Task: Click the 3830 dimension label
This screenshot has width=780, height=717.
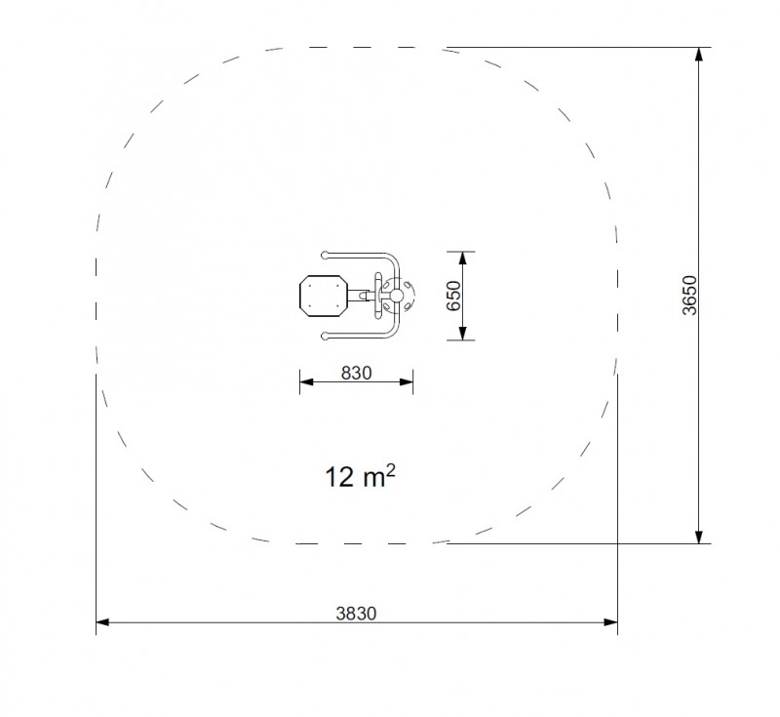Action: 356,614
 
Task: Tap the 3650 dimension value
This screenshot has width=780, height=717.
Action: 690,295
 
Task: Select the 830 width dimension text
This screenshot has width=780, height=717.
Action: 356,373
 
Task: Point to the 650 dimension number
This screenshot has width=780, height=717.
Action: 453,296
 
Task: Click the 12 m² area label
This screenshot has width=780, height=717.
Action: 360,476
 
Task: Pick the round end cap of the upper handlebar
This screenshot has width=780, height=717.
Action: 326,256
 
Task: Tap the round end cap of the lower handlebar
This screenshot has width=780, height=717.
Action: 326,337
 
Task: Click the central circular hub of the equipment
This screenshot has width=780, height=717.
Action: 396,296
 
